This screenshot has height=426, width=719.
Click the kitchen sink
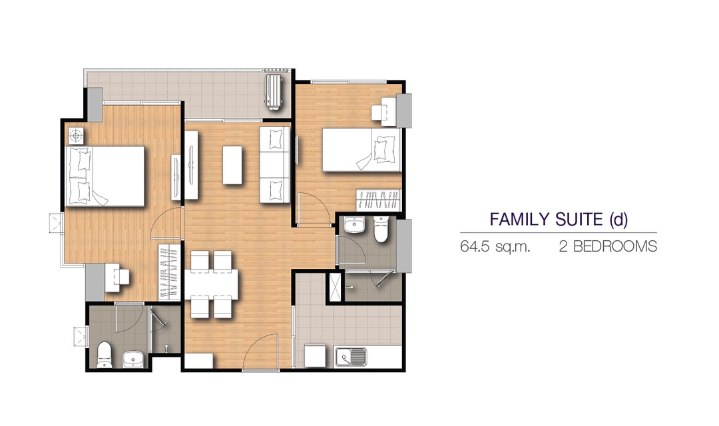[x=351, y=357]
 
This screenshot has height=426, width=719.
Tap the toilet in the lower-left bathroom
[x=105, y=354]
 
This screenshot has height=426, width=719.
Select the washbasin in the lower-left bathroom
[x=133, y=359]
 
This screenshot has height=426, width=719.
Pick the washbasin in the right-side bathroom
[x=354, y=226]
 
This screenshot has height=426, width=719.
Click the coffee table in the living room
[x=232, y=164]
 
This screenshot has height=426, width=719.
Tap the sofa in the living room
[x=275, y=164]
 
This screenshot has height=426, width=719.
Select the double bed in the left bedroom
[x=105, y=176]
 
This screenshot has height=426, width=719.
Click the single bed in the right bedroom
[x=361, y=150]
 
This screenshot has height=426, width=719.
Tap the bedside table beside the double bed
[x=76, y=136]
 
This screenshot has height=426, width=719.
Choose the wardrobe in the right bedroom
[x=379, y=199]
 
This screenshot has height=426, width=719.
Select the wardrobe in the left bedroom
[x=169, y=272]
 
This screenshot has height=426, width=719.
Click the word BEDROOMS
[x=615, y=247]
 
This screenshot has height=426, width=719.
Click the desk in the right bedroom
[x=384, y=110]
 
